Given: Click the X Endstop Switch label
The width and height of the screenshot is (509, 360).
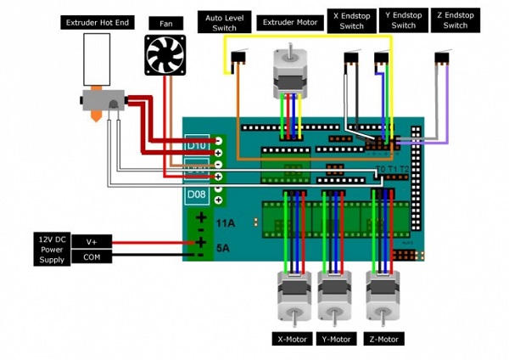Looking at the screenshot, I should (x=351, y=21).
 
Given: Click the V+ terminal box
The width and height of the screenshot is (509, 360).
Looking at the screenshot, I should (x=91, y=242).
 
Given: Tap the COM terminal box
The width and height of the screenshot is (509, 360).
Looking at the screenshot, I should (x=91, y=258).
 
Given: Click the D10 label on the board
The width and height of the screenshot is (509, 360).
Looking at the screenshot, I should (x=196, y=145).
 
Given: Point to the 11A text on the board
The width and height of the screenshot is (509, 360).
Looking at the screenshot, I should (x=225, y=223).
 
